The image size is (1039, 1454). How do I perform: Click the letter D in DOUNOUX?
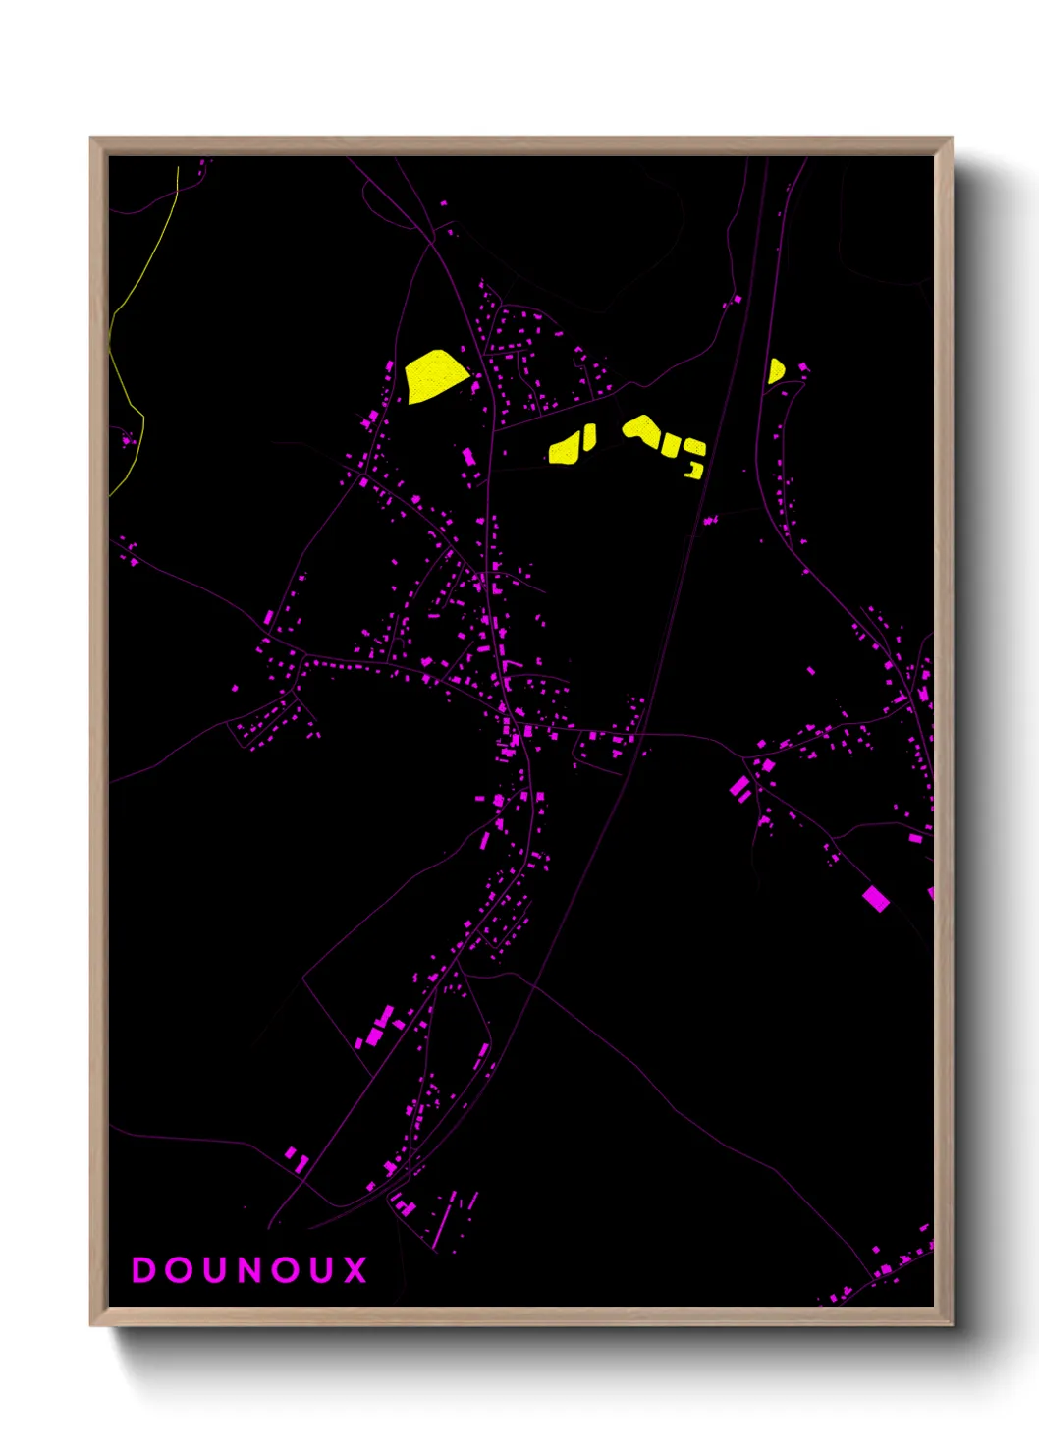point(143,1270)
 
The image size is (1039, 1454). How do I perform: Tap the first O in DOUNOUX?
point(179,1270)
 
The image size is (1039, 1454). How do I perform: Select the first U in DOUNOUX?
point(214,1270)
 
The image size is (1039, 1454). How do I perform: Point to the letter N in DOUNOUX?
point(249,1270)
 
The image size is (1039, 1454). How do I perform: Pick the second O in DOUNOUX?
point(285,1270)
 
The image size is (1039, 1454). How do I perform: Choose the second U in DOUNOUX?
point(321,1270)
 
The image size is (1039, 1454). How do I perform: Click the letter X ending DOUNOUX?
point(355,1270)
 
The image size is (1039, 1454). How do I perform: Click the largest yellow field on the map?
point(434,375)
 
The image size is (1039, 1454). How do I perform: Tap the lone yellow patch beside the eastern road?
point(775,371)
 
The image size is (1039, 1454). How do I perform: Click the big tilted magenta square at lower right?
point(876,898)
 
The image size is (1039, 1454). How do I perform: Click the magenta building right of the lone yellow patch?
point(803,368)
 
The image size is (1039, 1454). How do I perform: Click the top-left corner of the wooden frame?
point(91,139)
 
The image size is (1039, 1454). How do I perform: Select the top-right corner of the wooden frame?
point(951,139)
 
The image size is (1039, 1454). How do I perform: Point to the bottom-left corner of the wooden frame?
point(91,1324)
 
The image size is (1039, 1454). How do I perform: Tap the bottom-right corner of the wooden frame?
point(951,1324)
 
